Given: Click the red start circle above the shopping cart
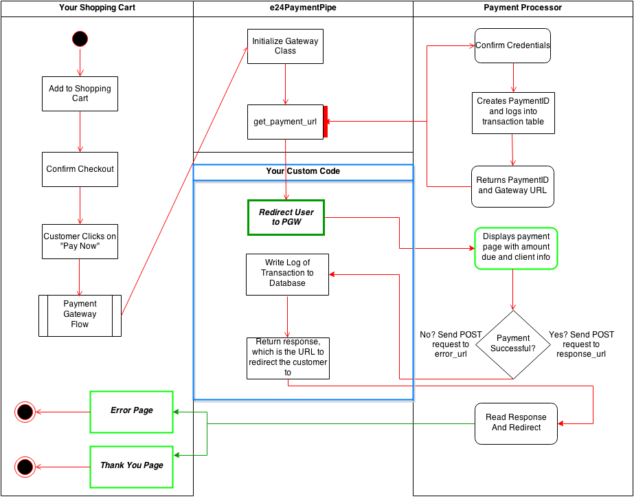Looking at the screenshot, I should (x=80, y=38).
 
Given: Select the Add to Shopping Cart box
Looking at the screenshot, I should (x=80, y=93).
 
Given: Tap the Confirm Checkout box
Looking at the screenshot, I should (x=80, y=169).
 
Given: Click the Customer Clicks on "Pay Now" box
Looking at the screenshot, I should (x=80, y=241).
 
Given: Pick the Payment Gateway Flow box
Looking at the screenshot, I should (x=80, y=315).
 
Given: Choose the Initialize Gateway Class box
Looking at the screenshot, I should (x=285, y=46).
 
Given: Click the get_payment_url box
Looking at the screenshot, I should (x=285, y=122).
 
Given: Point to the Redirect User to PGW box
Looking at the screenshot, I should (x=286, y=217).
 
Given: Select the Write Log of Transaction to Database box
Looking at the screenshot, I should (x=287, y=274).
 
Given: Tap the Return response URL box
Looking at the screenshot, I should (x=288, y=357).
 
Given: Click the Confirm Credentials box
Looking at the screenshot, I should (x=512, y=46).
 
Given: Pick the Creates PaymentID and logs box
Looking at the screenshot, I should (x=512, y=111).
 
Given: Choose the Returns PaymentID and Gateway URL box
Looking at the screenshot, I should (x=512, y=186).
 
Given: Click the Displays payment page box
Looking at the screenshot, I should (x=515, y=247).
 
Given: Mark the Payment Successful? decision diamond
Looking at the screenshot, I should (x=513, y=343).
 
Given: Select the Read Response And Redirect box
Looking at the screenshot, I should (x=516, y=423).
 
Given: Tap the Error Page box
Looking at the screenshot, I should (x=132, y=411).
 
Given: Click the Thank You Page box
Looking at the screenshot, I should (x=132, y=466).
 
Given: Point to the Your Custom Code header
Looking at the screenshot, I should (x=303, y=171).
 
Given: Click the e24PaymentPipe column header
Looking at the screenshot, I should (x=303, y=8).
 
